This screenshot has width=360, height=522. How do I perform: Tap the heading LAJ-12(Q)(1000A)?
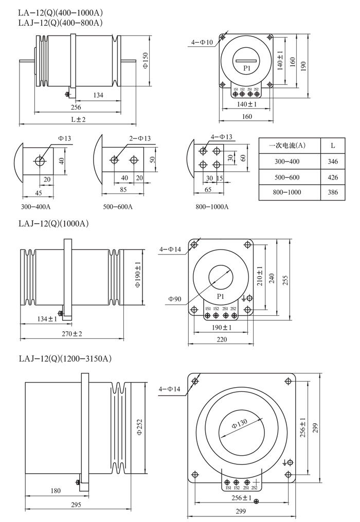pos(54,224)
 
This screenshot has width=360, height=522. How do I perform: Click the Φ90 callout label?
pos(174,298)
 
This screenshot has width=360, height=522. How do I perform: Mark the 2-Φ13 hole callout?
pos(139,138)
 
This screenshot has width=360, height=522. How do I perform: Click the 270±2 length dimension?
pos(71,334)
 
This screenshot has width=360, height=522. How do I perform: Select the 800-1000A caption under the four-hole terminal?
pos(211,207)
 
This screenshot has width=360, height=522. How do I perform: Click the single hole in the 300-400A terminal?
pos(39,160)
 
